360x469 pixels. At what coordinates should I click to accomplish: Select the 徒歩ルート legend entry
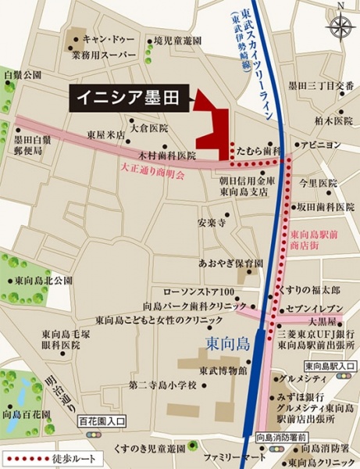pos(48,459)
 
